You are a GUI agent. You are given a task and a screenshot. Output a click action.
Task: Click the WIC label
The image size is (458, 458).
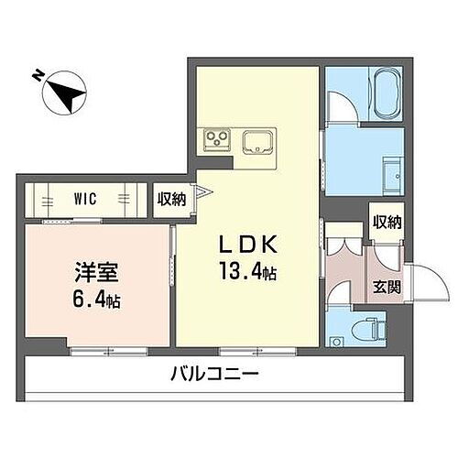(x=86, y=198)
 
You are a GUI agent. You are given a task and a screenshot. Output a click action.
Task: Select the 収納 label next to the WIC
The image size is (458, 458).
(x=171, y=198)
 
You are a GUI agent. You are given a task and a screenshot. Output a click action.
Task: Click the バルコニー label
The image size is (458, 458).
(x=214, y=375)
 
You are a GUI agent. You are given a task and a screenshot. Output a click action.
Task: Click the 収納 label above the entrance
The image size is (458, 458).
(x=387, y=223)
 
